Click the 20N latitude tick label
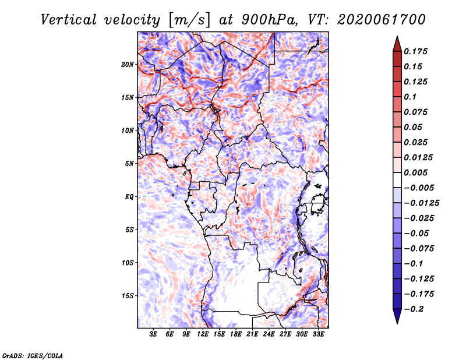point(128,65)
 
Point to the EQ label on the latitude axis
point(129,197)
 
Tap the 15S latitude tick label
point(128,296)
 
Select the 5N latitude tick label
point(129,164)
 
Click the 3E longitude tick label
point(153,334)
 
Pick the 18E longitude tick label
point(236,334)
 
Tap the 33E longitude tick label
point(318,334)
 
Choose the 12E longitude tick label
point(203,334)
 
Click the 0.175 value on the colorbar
point(415,51)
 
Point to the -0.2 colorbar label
point(414,309)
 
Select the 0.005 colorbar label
point(415,172)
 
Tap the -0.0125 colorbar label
point(421,203)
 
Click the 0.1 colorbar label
point(410,97)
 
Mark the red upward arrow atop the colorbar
point(397,44)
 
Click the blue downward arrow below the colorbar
point(397,316)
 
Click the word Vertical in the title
point(69,20)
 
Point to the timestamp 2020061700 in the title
point(382,20)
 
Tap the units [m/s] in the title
point(189,20)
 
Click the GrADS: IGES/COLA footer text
point(33,355)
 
